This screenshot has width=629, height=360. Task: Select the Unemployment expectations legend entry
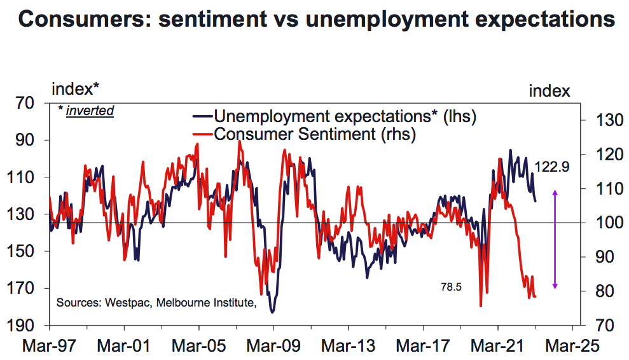335,116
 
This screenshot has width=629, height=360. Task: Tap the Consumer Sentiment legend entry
305,134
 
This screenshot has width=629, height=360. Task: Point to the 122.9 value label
552,167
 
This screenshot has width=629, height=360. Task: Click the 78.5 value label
452,287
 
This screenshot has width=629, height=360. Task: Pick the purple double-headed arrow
555,239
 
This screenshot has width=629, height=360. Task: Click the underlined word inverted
90,111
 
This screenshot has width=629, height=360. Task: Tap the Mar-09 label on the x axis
273,345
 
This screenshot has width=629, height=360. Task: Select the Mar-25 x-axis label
572,345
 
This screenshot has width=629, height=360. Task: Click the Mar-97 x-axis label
50,345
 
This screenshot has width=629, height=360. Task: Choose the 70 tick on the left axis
25,103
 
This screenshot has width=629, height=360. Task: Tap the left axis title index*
76,89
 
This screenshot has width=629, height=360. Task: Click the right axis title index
549,91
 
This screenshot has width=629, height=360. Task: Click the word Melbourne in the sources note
183,302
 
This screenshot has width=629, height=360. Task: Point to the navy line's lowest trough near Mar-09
273,312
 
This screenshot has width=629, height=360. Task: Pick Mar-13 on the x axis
348,345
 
